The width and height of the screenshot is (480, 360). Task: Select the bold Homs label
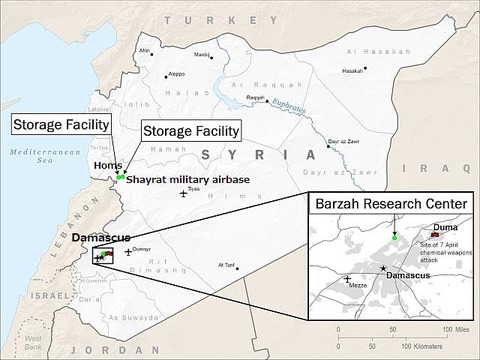point(105,167)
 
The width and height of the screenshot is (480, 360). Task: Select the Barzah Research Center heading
point(385,205)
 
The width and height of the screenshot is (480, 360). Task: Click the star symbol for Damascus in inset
point(385,268)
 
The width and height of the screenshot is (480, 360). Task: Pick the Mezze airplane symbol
point(347,278)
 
